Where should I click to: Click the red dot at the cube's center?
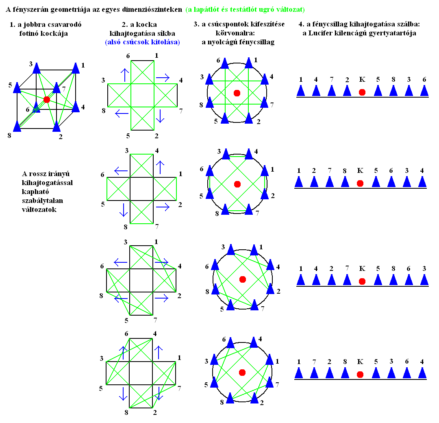47,100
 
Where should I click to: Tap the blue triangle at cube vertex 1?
76,68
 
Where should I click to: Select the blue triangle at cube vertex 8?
17,126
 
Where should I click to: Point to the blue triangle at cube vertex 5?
17,88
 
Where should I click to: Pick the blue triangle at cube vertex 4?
76,107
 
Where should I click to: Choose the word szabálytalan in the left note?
42,201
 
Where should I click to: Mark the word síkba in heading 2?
166,34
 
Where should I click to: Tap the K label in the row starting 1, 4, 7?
362,80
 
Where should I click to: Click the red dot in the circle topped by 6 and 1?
237,93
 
